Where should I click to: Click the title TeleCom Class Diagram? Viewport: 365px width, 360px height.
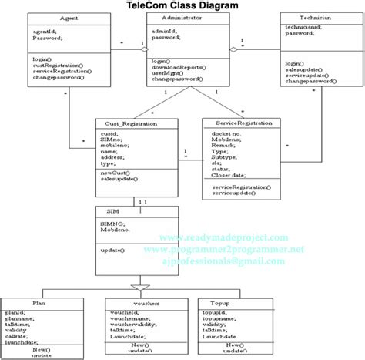pos(183,6)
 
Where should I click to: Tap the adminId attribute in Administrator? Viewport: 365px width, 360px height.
pos(166,29)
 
